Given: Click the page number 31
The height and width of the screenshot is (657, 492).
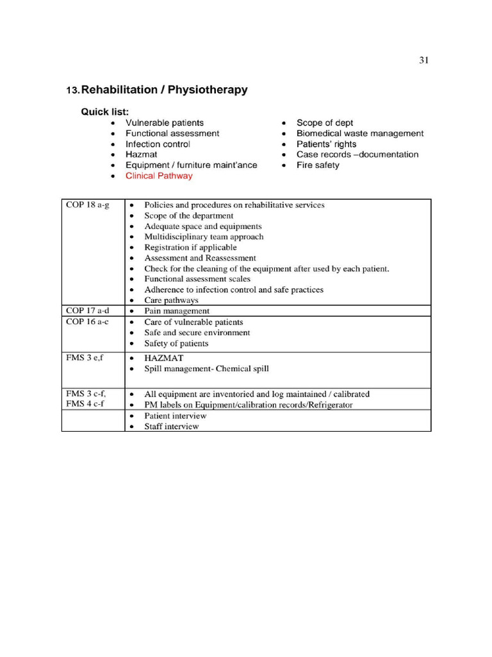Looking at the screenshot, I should pos(423,60).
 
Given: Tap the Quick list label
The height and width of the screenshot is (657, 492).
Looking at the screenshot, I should pos(104,112).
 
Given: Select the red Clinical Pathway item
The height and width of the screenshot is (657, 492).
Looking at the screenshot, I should pos(159,176).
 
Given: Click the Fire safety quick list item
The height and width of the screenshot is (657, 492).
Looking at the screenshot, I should pos(318,165).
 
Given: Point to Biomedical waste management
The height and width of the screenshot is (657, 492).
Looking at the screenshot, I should pos(359,133).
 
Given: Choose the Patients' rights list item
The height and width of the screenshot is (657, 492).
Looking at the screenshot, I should pos(326,144).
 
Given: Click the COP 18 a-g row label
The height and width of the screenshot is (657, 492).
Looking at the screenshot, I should pos(88,205).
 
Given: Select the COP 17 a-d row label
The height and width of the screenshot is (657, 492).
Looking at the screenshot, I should pos(88,311).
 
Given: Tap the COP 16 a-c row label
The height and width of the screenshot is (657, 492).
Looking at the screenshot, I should pos(87,321).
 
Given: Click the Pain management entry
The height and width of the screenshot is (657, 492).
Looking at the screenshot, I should pos(177,311).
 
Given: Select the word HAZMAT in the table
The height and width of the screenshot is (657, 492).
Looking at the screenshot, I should pos(164,358).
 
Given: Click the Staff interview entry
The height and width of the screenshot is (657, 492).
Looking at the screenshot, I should pos(171,426).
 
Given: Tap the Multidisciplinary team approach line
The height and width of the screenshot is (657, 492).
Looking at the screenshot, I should pos(204,237).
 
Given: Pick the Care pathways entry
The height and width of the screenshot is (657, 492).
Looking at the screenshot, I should pos(171,300).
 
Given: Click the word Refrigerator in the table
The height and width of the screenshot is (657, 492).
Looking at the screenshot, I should pos(329,405).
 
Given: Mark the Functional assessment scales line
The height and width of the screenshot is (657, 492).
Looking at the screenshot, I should pos(197,279).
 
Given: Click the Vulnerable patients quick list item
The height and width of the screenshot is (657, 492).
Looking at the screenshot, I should pos(165,123).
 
